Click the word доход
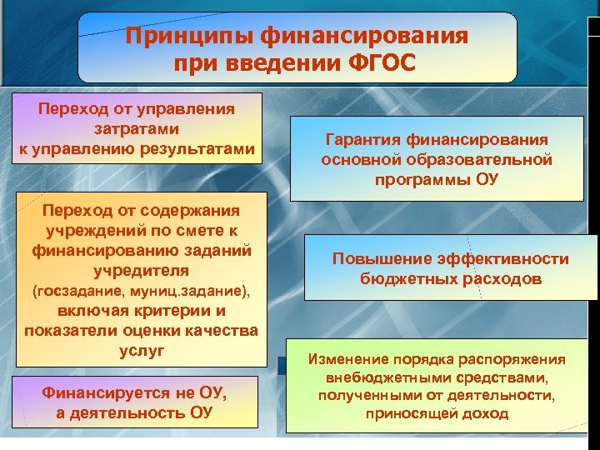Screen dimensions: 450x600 487,413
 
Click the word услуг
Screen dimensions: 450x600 137,351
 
